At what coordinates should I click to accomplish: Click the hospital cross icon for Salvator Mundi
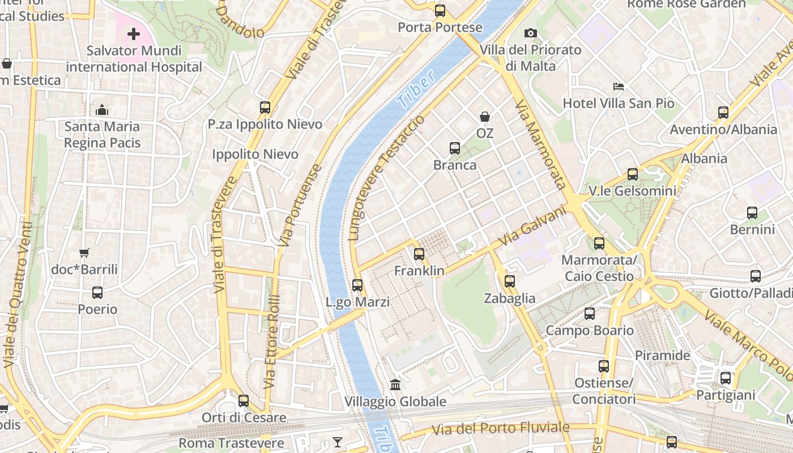point(133,35)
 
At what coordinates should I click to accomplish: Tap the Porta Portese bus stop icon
point(440,11)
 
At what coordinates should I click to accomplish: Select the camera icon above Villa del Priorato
point(531,33)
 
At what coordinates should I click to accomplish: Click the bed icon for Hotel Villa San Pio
point(619,87)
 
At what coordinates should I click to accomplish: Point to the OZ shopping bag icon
point(485,117)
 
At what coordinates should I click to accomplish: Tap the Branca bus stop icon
point(455,148)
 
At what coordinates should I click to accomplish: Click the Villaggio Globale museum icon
point(395,385)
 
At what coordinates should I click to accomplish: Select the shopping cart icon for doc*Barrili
point(84,253)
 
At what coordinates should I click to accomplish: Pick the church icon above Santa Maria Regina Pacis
point(102,110)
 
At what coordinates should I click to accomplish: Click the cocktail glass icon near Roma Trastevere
point(338,442)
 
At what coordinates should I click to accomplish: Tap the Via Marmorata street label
point(540,144)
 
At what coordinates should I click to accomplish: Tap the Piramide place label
point(662,356)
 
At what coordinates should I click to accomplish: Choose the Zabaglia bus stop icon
point(509,281)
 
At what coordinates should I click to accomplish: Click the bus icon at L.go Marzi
point(357,285)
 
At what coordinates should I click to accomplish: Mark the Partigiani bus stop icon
point(726,378)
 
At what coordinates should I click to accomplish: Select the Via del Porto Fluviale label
point(500,429)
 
